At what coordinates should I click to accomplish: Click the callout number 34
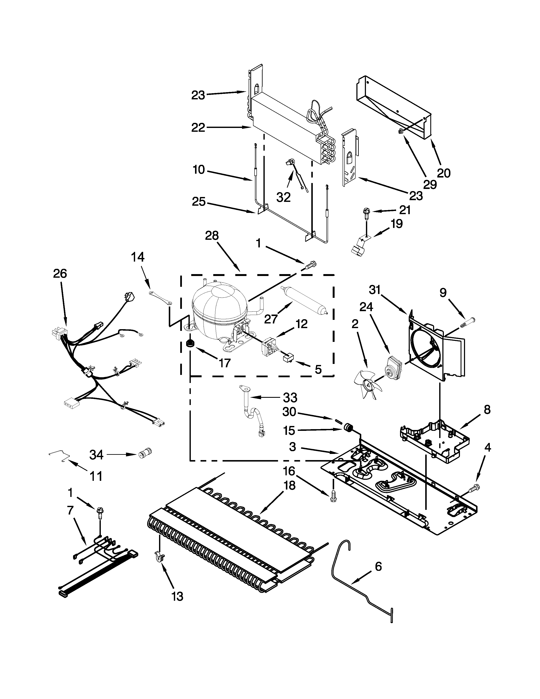tap(96, 455)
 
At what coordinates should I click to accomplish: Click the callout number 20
tap(443, 173)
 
